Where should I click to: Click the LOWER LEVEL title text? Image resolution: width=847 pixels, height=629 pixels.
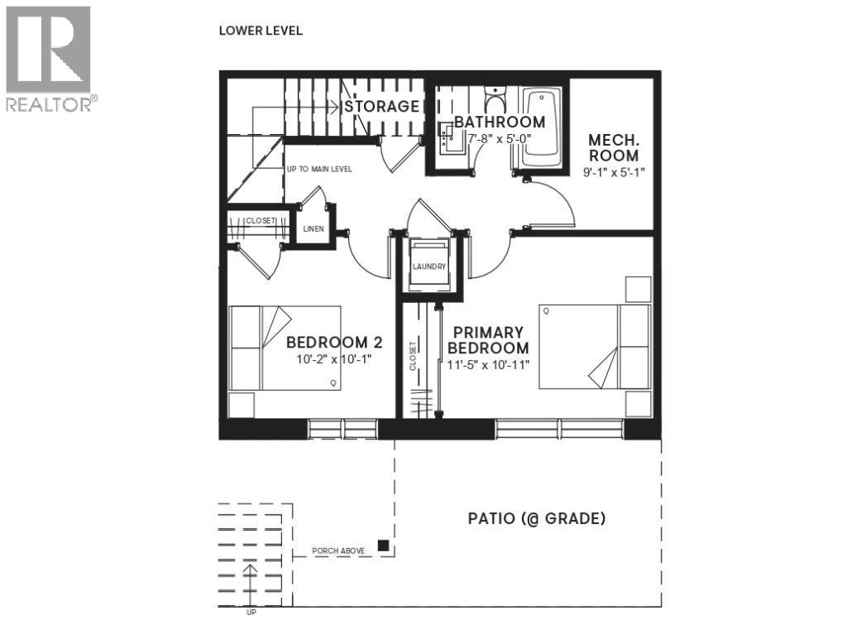point(261,31)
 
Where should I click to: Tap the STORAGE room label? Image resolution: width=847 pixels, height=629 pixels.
point(381,107)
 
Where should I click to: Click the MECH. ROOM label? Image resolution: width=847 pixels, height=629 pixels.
point(613,147)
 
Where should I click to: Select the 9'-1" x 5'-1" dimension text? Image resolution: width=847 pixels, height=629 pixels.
point(613,173)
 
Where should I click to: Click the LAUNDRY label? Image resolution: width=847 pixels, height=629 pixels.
point(430,266)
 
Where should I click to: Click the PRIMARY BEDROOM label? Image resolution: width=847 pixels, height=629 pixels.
point(488,340)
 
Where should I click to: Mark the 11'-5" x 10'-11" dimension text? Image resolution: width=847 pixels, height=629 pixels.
point(488,364)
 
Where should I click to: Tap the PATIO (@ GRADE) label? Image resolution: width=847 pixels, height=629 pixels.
point(537,519)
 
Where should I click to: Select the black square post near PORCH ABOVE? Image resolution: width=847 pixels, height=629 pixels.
point(384,545)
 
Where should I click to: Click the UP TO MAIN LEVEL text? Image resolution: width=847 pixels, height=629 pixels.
point(319,169)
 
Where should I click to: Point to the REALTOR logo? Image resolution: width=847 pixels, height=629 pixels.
point(49,57)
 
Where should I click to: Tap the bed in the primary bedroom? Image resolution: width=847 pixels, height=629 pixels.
point(594,346)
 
